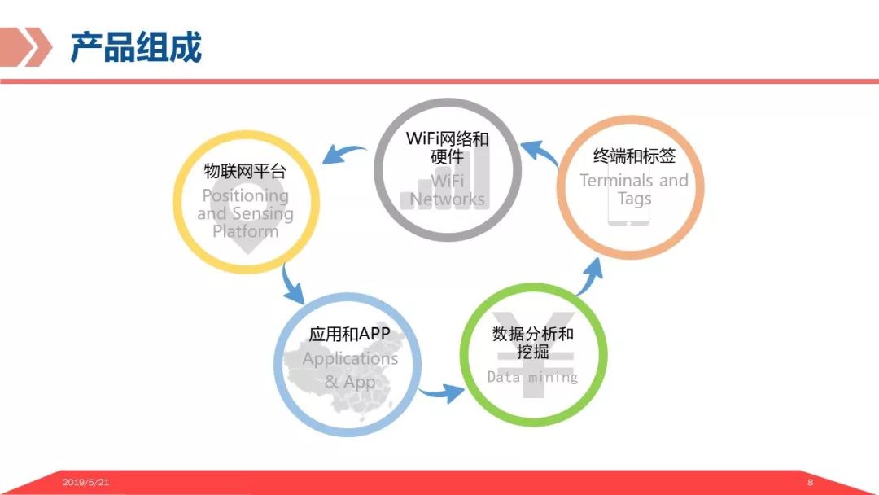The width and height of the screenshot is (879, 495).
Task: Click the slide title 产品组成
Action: tap(135, 47)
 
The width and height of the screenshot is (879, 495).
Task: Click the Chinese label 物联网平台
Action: tap(245, 172)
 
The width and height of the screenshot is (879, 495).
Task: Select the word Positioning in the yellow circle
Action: tap(245, 195)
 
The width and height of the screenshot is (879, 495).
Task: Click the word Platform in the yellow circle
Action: tap(245, 231)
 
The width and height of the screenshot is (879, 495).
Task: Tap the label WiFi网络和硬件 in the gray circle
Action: tap(448, 147)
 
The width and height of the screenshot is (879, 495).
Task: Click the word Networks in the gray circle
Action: tap(448, 199)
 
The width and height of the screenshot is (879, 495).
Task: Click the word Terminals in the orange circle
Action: tap(616, 181)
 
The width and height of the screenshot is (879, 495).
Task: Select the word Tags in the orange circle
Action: tap(634, 199)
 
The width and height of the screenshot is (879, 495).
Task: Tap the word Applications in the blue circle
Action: tap(350, 358)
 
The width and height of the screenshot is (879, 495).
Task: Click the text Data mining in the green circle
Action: tap(533, 377)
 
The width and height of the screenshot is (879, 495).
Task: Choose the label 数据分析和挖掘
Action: tap(533, 343)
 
